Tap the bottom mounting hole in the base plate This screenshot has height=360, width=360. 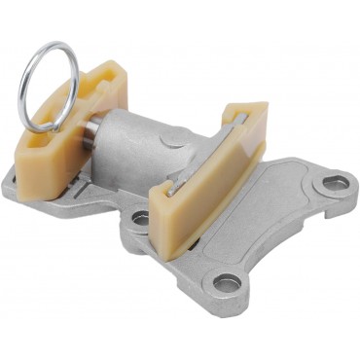[x=229, y=284]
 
